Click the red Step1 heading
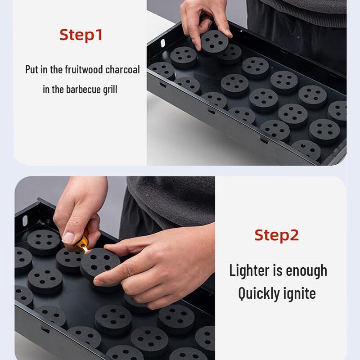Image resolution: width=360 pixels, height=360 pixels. coord(81,35)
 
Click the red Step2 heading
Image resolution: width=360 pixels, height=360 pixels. coord(277,235)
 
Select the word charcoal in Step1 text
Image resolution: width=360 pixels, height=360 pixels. coord(122,70)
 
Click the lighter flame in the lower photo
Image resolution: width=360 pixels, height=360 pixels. coord(86,249)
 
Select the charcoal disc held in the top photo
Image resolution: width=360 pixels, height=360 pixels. coord(214,42)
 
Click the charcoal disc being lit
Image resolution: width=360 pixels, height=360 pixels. coord(100,264)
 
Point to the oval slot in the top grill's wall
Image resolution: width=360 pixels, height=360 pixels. coord(163,43)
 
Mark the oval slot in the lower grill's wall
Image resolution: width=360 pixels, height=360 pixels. coord(25,220)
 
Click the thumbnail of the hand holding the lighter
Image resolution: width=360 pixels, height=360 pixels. coord(68,238)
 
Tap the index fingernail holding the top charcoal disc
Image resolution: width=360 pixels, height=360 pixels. coord(229,32)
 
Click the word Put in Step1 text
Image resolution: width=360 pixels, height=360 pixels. coord(32,70)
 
